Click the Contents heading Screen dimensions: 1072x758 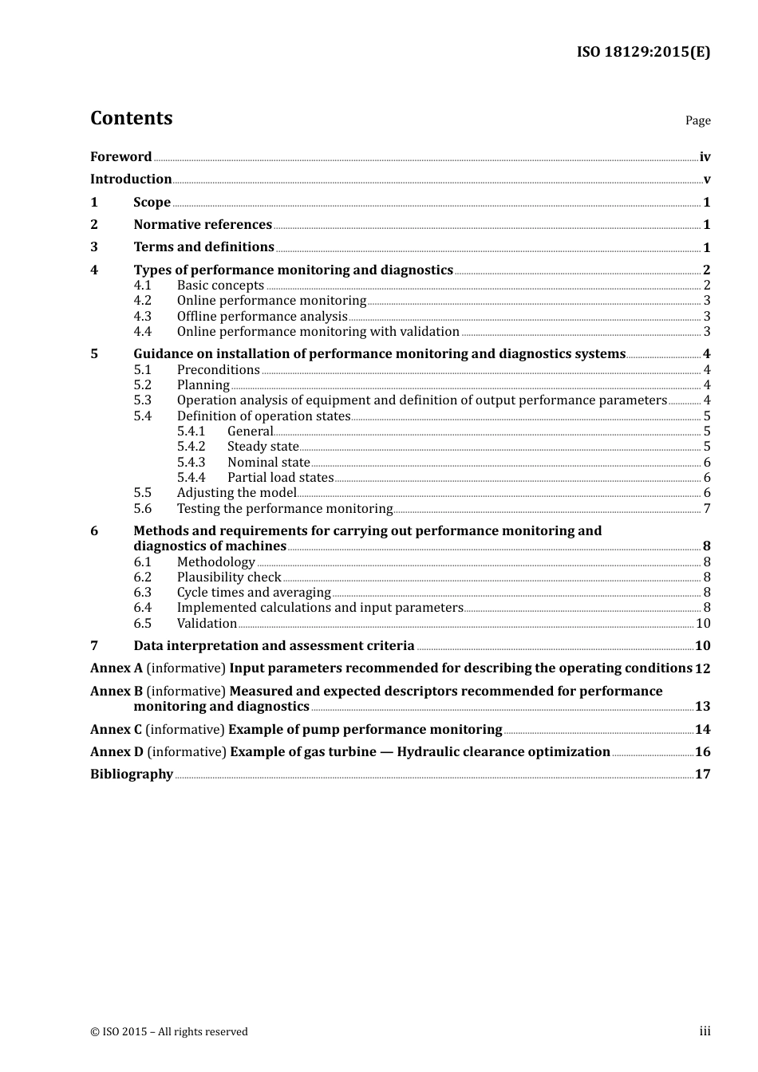point(131,118)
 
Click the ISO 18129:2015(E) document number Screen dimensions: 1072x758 point(643,53)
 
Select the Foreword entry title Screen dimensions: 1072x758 point(120,157)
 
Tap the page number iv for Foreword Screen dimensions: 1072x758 point(705,157)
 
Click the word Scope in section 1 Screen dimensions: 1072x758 point(152,203)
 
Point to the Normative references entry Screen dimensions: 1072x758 point(203,225)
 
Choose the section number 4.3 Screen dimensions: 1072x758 point(142,317)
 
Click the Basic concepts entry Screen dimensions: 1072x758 point(220,286)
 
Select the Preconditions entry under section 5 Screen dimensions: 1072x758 point(218,370)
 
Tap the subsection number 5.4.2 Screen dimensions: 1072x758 point(191,447)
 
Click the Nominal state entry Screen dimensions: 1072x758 point(268,463)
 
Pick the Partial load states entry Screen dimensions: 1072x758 point(280,478)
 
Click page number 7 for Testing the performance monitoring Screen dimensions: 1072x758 point(707,509)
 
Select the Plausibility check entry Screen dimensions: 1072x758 point(229,577)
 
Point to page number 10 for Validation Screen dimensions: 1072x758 point(703,624)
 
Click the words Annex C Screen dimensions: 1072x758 point(116,730)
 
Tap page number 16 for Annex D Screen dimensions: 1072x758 point(702,752)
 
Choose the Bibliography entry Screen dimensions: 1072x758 point(132,774)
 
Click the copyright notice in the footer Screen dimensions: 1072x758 point(169,1032)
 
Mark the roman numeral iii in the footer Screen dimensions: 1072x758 point(705,1031)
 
